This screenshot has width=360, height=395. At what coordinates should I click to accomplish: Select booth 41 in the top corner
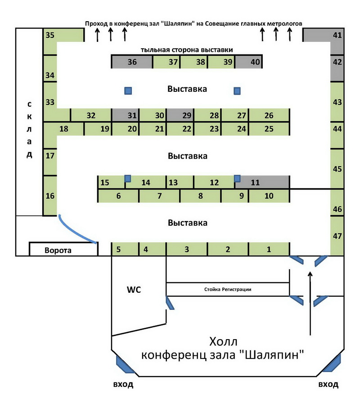click(337, 35)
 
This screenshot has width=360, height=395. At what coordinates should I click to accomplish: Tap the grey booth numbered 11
click(263, 182)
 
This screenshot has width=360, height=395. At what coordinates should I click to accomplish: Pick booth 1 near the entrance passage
click(269, 249)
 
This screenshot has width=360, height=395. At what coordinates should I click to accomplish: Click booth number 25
click(269, 129)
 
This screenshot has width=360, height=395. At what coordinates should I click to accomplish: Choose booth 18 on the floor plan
click(63, 129)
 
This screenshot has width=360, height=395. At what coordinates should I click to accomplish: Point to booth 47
click(337, 236)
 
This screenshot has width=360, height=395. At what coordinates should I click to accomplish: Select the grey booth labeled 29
click(186, 115)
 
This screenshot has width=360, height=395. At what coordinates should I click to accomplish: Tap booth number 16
click(50, 195)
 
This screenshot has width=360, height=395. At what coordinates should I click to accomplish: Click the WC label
click(134, 290)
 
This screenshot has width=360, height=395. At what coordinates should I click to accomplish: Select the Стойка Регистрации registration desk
click(227, 289)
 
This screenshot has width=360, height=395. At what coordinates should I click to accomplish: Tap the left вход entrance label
click(122, 385)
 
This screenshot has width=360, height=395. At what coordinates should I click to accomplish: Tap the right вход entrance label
click(328, 385)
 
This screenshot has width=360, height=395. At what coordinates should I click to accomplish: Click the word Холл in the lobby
click(223, 341)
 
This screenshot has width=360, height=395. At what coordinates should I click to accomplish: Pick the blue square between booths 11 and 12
click(237, 179)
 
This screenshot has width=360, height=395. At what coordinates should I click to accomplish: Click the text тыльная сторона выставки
click(187, 50)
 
